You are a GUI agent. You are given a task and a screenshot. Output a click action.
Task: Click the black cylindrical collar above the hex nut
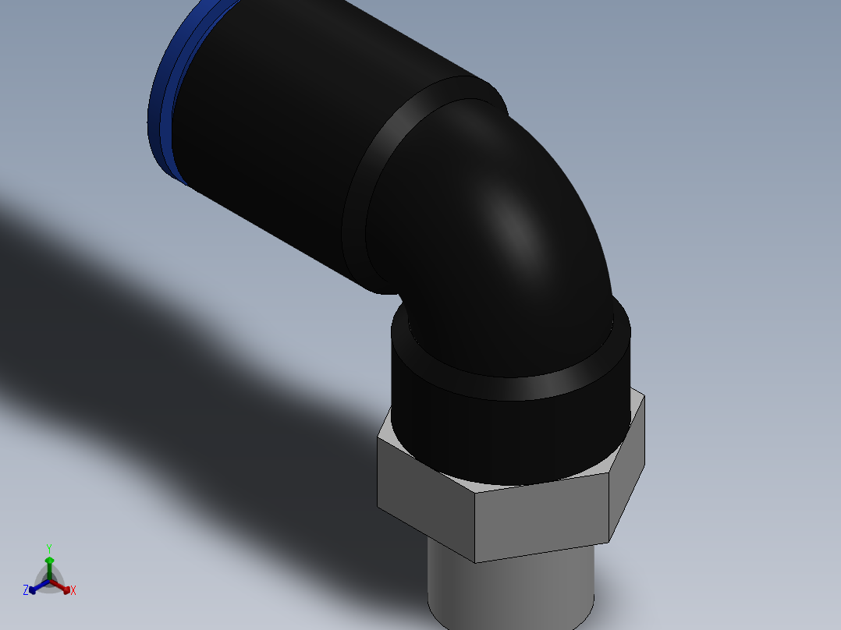pyautogui.click(x=507, y=429)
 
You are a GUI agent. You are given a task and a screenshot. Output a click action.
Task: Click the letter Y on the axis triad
pyautogui.click(x=48, y=548)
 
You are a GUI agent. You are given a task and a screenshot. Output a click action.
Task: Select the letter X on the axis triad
pyautogui.click(x=73, y=591)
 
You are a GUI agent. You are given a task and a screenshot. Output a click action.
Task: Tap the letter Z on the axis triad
pyautogui.click(x=26, y=591)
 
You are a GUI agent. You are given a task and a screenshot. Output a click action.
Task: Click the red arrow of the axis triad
pyautogui.click(x=66, y=588)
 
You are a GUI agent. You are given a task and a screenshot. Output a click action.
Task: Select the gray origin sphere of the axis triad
pyautogui.click(x=49, y=581)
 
